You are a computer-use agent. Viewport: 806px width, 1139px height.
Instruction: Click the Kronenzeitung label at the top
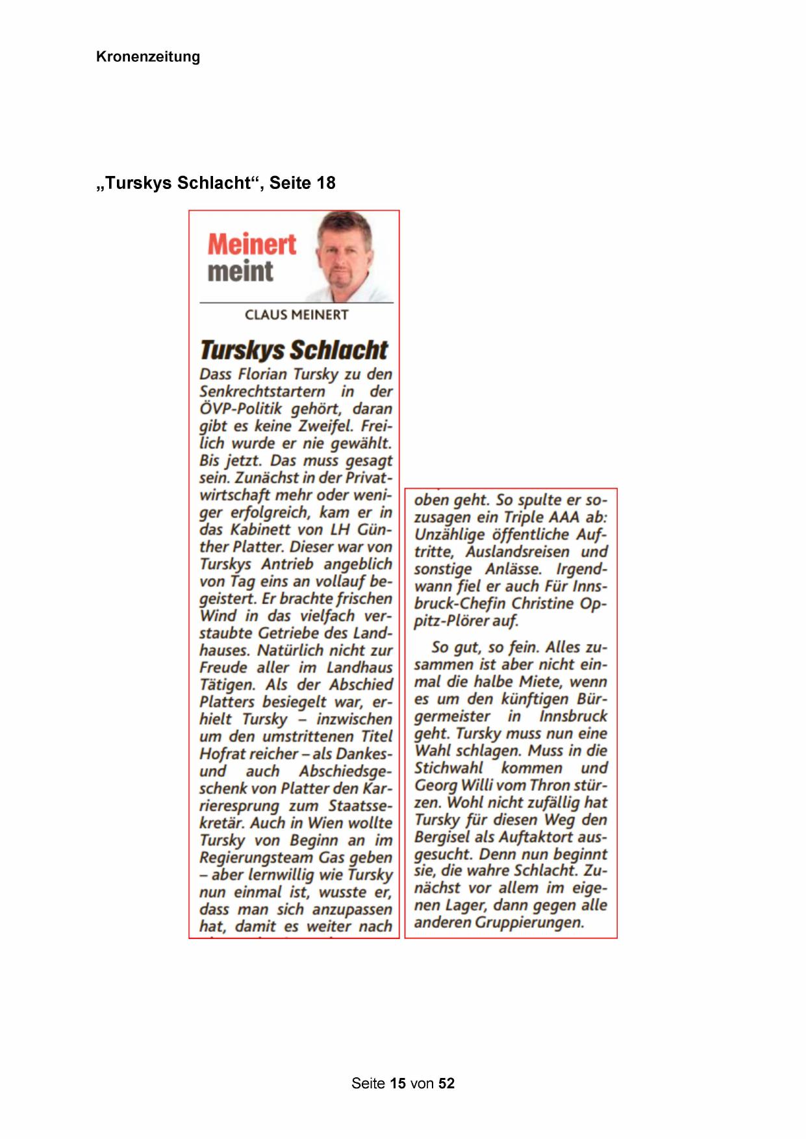coord(147,57)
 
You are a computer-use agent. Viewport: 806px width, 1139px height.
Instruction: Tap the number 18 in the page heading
coord(324,183)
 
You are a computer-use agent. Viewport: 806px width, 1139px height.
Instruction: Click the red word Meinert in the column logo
coord(251,245)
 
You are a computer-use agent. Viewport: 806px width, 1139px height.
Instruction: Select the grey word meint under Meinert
coord(240,271)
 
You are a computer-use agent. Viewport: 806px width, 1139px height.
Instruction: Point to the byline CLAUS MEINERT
coord(296,315)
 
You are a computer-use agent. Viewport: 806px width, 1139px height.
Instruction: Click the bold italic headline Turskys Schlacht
coord(294,350)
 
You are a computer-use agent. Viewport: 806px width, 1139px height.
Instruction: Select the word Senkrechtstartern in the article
coord(262,392)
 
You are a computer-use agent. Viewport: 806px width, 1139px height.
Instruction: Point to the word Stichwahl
coord(449,768)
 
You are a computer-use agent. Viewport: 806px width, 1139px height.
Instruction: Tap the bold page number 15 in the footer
coord(398,1083)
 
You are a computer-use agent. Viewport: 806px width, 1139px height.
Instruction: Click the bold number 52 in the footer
coord(446,1083)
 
